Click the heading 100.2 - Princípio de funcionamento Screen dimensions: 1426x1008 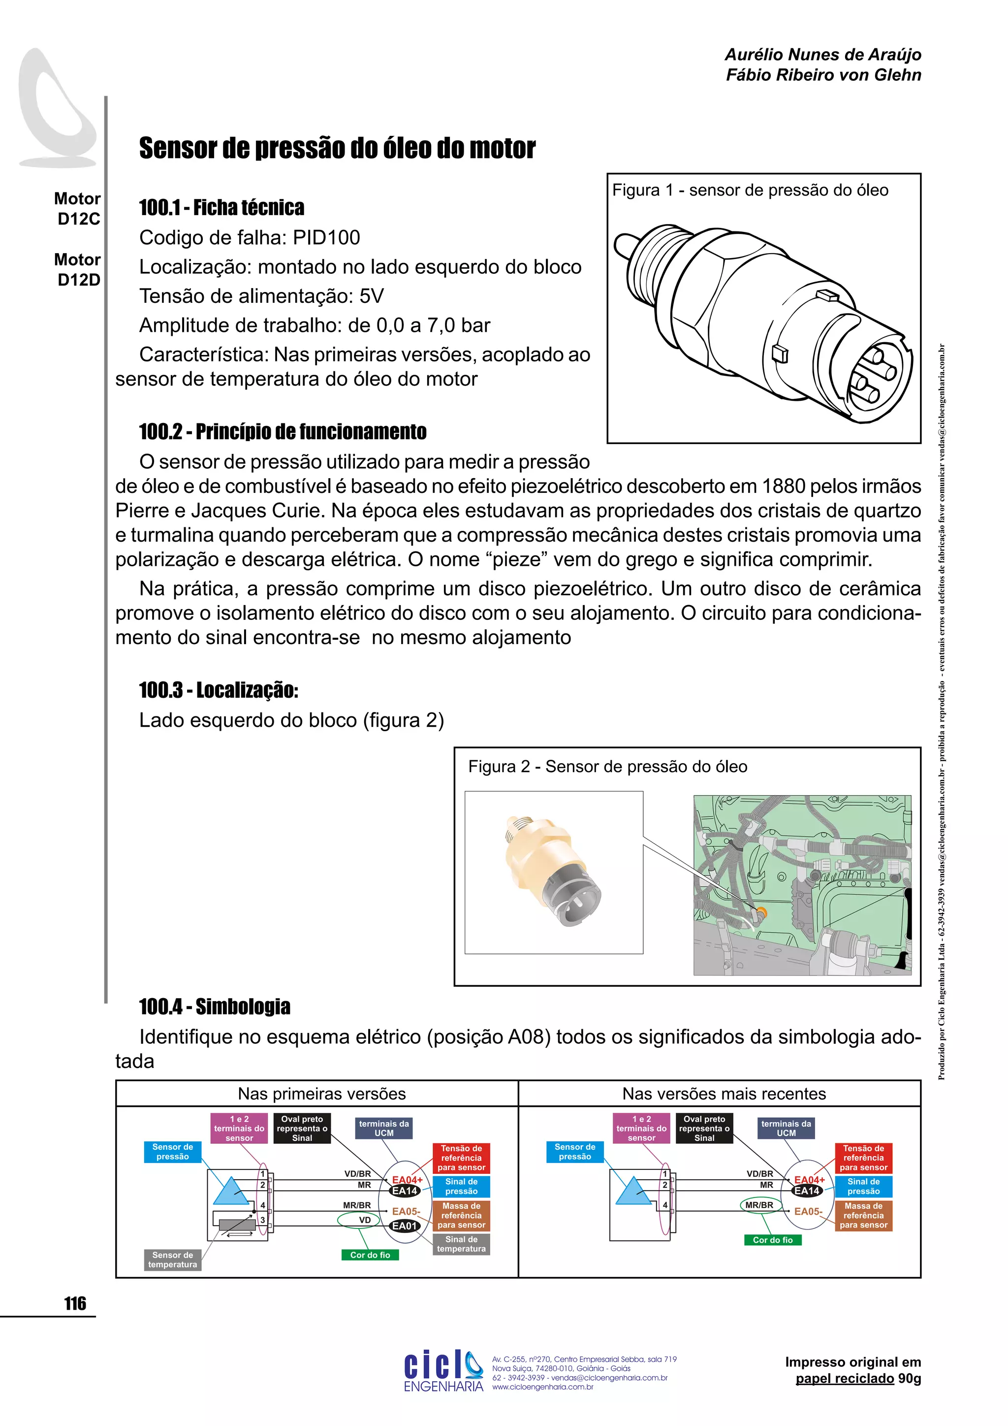click(283, 432)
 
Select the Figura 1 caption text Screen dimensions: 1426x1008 click(750, 190)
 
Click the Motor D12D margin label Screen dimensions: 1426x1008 click(78, 269)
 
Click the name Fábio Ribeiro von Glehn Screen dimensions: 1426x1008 click(823, 75)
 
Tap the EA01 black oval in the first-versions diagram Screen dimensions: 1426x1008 click(404, 1226)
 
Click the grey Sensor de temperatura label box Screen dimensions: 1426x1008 click(173, 1259)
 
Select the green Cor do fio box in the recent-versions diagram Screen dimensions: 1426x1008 click(772, 1240)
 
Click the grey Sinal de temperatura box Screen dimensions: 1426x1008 click(461, 1243)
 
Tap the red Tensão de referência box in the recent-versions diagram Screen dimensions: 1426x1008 click(863, 1158)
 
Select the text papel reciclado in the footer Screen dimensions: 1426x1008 click(844, 1379)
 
